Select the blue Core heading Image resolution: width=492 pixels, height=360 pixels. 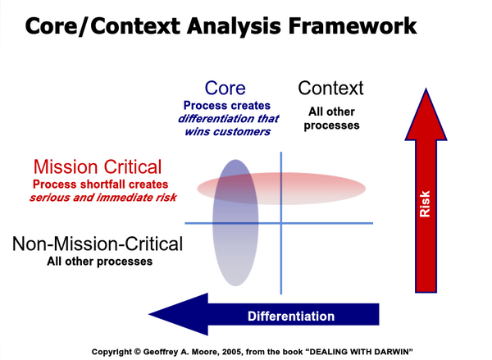(x=225, y=89)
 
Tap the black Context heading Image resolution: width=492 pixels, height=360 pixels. (x=330, y=89)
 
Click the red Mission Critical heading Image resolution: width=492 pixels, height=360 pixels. (x=98, y=166)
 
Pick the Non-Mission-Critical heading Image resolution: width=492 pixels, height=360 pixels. (x=98, y=244)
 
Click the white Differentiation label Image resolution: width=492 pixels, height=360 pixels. (x=291, y=316)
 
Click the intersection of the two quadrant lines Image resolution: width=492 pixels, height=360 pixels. (x=281, y=223)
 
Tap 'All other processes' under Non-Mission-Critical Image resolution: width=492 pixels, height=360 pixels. (x=98, y=262)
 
